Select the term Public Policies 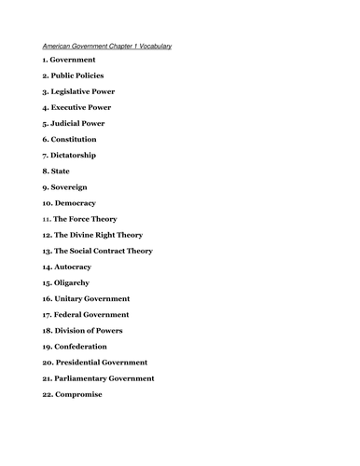(x=79, y=75)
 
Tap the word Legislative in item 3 (x=76, y=91)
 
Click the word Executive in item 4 (x=74, y=107)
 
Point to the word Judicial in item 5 (x=70, y=123)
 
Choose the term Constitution (x=76, y=139)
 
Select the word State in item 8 (x=63, y=171)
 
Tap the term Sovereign (x=73, y=186)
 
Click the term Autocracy (x=77, y=267)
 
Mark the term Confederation (x=86, y=347)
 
